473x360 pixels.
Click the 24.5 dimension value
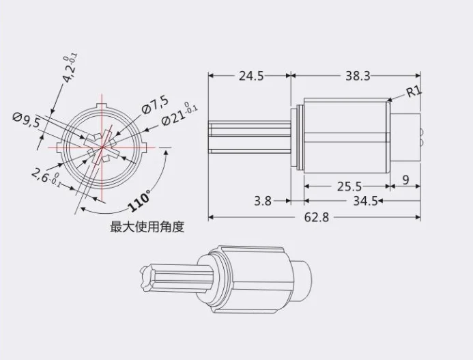point(250,77)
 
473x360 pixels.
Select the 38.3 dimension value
point(357,77)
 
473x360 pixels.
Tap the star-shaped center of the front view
point(101,147)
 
